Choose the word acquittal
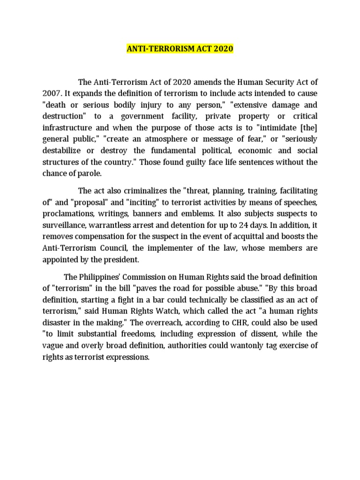pos(247,238)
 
